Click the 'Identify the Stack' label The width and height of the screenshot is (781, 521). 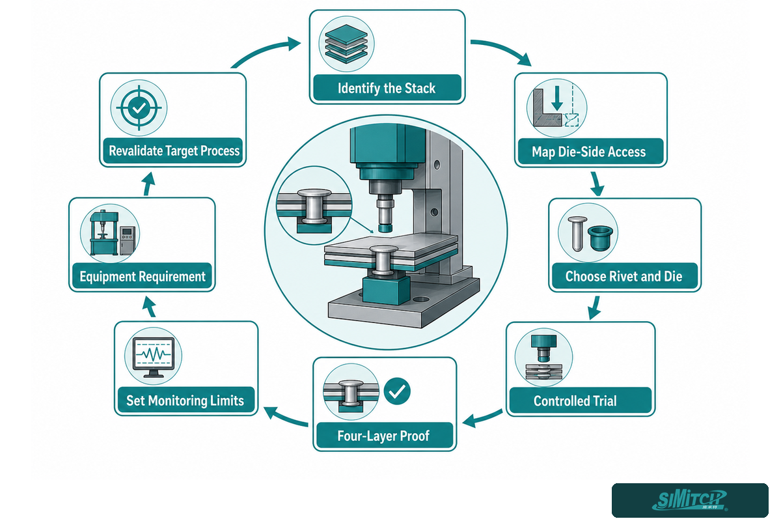[387, 89]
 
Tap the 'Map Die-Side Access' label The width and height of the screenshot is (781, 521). [588, 152]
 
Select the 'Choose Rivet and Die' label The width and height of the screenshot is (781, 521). [623, 276]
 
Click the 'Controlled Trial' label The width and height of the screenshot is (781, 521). [575, 401]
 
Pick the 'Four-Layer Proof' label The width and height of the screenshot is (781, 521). [383, 436]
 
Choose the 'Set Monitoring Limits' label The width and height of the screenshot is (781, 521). [185, 401]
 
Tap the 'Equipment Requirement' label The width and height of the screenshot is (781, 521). [143, 276]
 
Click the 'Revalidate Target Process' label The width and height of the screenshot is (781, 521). [174, 151]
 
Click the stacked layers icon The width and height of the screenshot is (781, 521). [346, 44]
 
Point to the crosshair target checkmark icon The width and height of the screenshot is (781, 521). [139, 108]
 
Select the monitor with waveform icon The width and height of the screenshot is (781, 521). [154, 357]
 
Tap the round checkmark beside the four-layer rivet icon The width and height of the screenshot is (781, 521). [397, 391]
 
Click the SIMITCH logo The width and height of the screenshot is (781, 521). [690, 500]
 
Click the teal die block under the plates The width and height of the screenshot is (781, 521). [387, 290]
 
